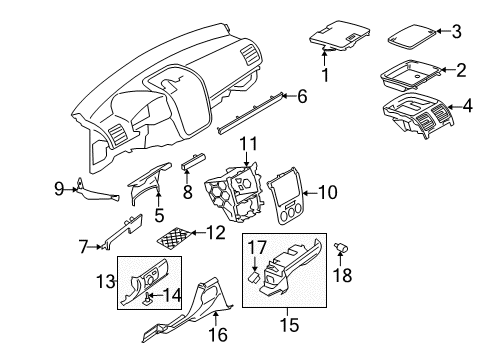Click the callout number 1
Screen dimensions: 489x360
[325, 75]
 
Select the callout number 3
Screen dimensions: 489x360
[456, 32]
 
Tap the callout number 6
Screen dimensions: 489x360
[302, 96]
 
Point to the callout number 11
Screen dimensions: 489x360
[249, 144]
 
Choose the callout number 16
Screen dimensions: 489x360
[218, 335]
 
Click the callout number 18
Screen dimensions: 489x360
[342, 275]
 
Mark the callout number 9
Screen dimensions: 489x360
[59, 189]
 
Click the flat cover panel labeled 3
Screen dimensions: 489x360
[412, 37]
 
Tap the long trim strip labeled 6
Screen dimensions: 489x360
[251, 114]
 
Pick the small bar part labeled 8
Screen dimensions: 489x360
[193, 161]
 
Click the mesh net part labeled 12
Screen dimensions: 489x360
[174, 238]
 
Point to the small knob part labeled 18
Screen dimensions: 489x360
[341, 248]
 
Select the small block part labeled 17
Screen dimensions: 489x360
[255, 277]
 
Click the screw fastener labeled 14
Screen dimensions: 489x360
[147, 299]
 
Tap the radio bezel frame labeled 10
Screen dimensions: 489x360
[286, 197]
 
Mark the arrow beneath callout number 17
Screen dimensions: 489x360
[254, 264]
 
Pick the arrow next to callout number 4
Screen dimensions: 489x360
[454, 107]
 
